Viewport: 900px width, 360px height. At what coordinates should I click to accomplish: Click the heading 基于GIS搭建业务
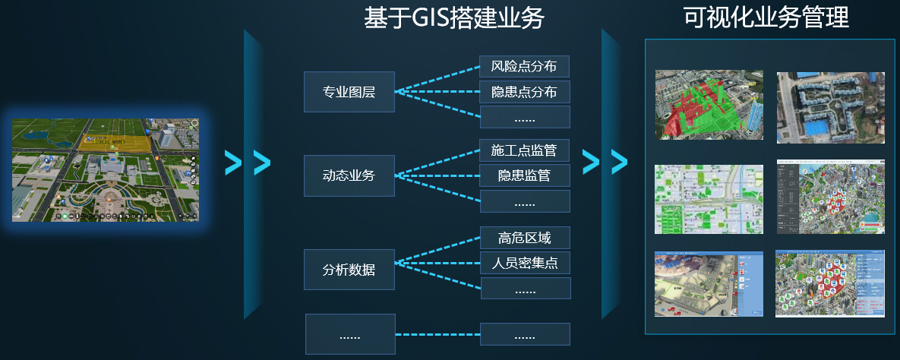[454, 17]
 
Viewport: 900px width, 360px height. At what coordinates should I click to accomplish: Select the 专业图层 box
[349, 93]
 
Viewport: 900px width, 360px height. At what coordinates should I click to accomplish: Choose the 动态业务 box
[349, 176]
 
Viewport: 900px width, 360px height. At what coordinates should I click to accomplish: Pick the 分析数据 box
[349, 270]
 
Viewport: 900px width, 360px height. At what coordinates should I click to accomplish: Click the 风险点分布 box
[524, 67]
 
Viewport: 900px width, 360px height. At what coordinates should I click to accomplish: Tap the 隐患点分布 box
[524, 92]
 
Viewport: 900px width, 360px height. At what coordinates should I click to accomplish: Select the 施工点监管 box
[524, 150]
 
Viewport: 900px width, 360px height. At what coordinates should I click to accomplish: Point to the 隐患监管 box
[524, 176]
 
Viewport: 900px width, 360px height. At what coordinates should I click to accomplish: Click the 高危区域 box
[524, 238]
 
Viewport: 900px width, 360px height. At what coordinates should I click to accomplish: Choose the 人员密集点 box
[524, 264]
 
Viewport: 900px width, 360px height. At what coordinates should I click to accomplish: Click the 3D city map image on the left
[106, 169]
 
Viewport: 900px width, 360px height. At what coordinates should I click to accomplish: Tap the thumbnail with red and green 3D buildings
[709, 105]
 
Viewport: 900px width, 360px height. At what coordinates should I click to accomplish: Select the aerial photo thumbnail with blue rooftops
[830, 107]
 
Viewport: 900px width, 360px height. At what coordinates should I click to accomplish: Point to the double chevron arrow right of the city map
[248, 163]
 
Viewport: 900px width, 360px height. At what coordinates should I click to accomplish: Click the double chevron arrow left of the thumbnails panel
[605, 160]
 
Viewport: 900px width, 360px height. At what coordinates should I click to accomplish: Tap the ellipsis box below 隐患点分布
[524, 118]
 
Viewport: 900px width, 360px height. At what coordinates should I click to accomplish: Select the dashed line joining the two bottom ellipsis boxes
[437, 334]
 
